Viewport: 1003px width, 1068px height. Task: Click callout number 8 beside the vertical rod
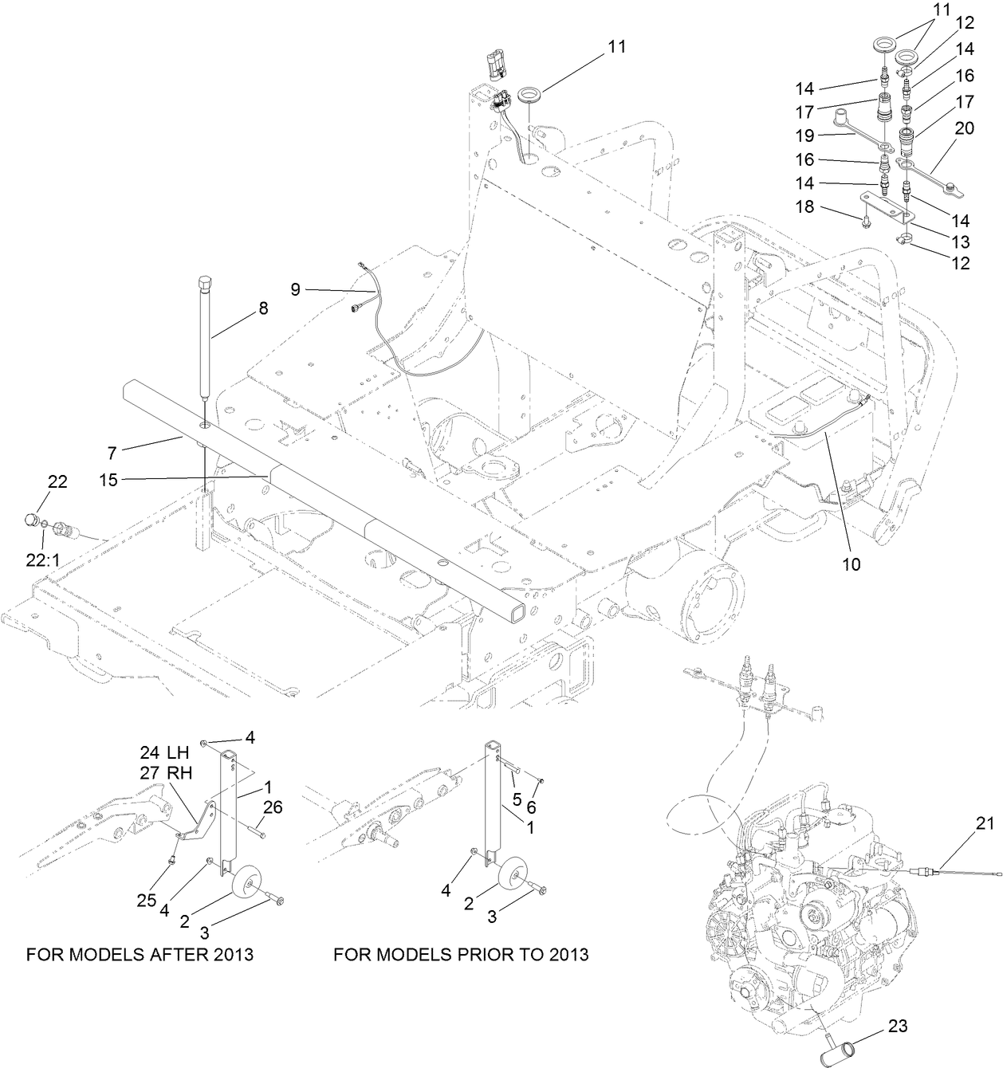point(262,307)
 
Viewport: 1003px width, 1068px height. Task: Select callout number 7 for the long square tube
point(112,453)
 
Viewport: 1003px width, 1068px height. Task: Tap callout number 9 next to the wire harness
point(295,289)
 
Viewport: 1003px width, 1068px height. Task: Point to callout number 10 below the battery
point(851,564)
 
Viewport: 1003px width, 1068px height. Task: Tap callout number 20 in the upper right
point(965,128)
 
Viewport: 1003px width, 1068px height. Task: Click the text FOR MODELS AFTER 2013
point(140,954)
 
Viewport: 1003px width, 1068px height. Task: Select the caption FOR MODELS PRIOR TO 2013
point(461,954)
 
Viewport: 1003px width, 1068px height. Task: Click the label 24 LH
point(164,752)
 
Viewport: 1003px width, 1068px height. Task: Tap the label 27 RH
point(164,772)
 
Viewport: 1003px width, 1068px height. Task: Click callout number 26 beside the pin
point(272,808)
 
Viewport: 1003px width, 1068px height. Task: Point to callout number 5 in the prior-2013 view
point(516,799)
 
